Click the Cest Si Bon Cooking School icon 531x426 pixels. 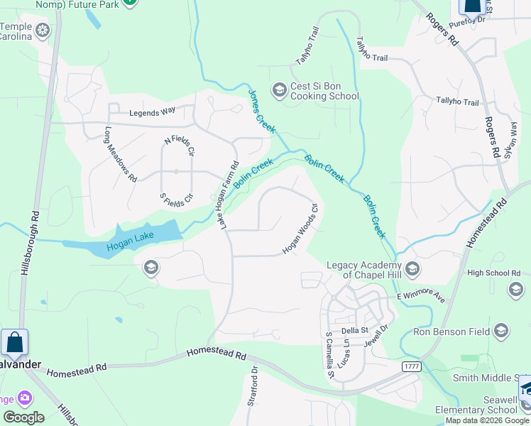pos(279,89)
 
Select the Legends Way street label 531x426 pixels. pos(152,112)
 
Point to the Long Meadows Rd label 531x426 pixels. pos(121,154)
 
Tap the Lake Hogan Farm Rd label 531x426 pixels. pos(228,195)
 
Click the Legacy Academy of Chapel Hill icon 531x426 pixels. pos(413,269)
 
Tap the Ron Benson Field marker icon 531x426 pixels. pos(501,331)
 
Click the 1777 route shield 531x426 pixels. pos(410,366)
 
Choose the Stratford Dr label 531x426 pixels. pos(252,386)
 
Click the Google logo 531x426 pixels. pos(23,417)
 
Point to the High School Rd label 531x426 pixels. pos(495,273)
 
